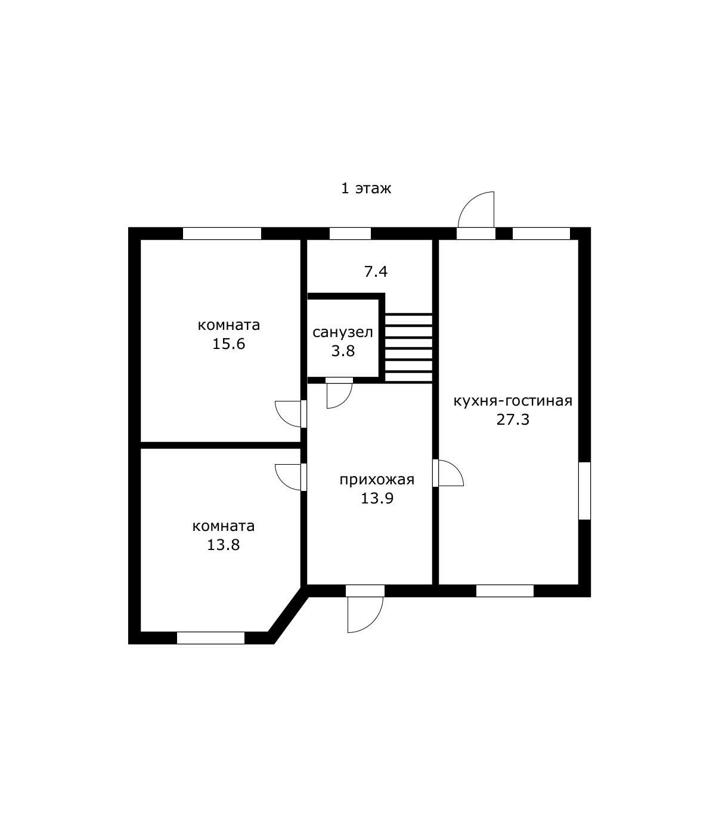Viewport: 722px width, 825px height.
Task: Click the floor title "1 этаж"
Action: point(366,189)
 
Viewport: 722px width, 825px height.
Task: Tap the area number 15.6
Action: point(228,344)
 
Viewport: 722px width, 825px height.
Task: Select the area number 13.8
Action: point(223,545)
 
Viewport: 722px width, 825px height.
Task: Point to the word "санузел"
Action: point(342,333)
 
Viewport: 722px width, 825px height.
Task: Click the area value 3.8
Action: point(343,351)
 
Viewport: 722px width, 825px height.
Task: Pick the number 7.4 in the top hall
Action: point(376,272)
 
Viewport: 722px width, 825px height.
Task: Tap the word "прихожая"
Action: point(377,480)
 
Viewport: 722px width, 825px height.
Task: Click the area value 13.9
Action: point(377,499)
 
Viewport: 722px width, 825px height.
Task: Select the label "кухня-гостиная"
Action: point(513,401)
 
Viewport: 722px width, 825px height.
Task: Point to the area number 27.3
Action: point(513,420)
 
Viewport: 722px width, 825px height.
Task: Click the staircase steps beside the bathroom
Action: point(408,348)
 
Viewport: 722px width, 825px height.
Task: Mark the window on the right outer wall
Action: point(585,491)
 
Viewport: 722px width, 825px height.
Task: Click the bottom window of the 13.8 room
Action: point(210,638)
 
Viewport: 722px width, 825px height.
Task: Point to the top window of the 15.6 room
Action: point(222,233)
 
